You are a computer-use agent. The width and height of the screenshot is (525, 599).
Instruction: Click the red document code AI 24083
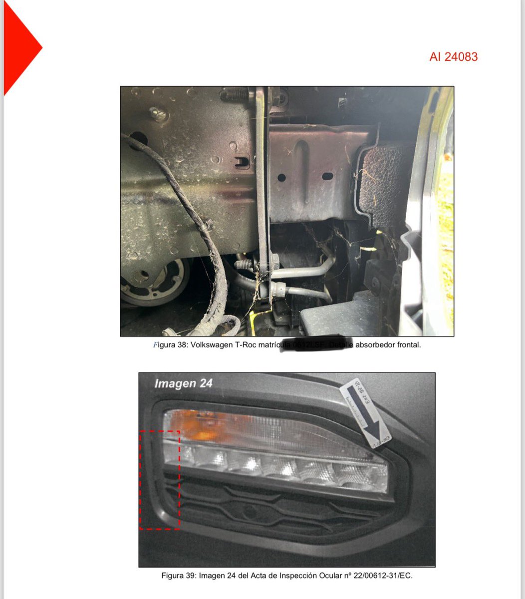pyautogui.click(x=453, y=57)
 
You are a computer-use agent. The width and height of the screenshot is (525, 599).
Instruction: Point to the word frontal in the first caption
pyautogui.click(x=407, y=345)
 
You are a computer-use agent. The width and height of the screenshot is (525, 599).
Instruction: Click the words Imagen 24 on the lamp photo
pyautogui.click(x=183, y=383)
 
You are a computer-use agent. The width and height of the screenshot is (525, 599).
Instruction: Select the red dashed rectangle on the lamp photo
pyautogui.click(x=160, y=480)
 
